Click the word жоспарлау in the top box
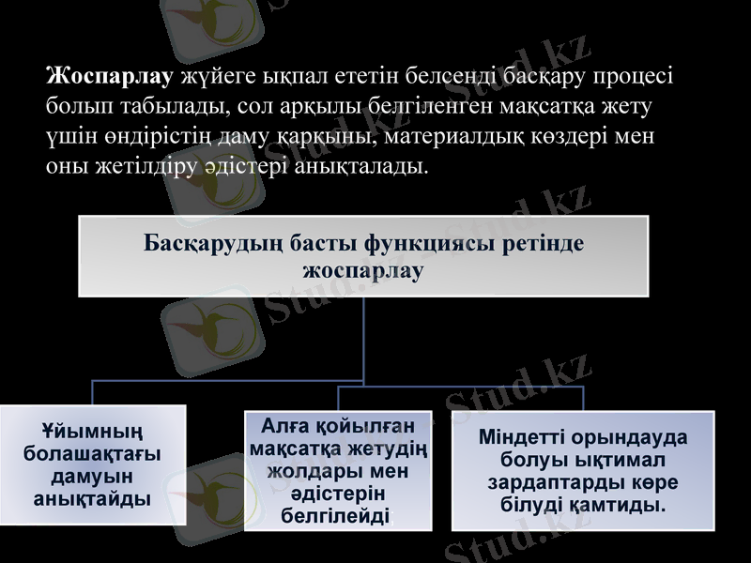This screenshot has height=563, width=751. coord(363,270)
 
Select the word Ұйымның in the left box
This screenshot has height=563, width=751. coord(92,433)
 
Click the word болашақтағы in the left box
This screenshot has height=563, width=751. coord(92,454)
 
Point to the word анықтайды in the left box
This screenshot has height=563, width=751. coord(92,498)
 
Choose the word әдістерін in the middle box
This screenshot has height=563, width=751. coord(337,493)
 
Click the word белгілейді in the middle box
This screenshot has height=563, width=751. coord(337,515)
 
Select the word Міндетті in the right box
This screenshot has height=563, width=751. coord(518,438)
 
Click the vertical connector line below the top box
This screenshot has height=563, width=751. coord(363,338)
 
